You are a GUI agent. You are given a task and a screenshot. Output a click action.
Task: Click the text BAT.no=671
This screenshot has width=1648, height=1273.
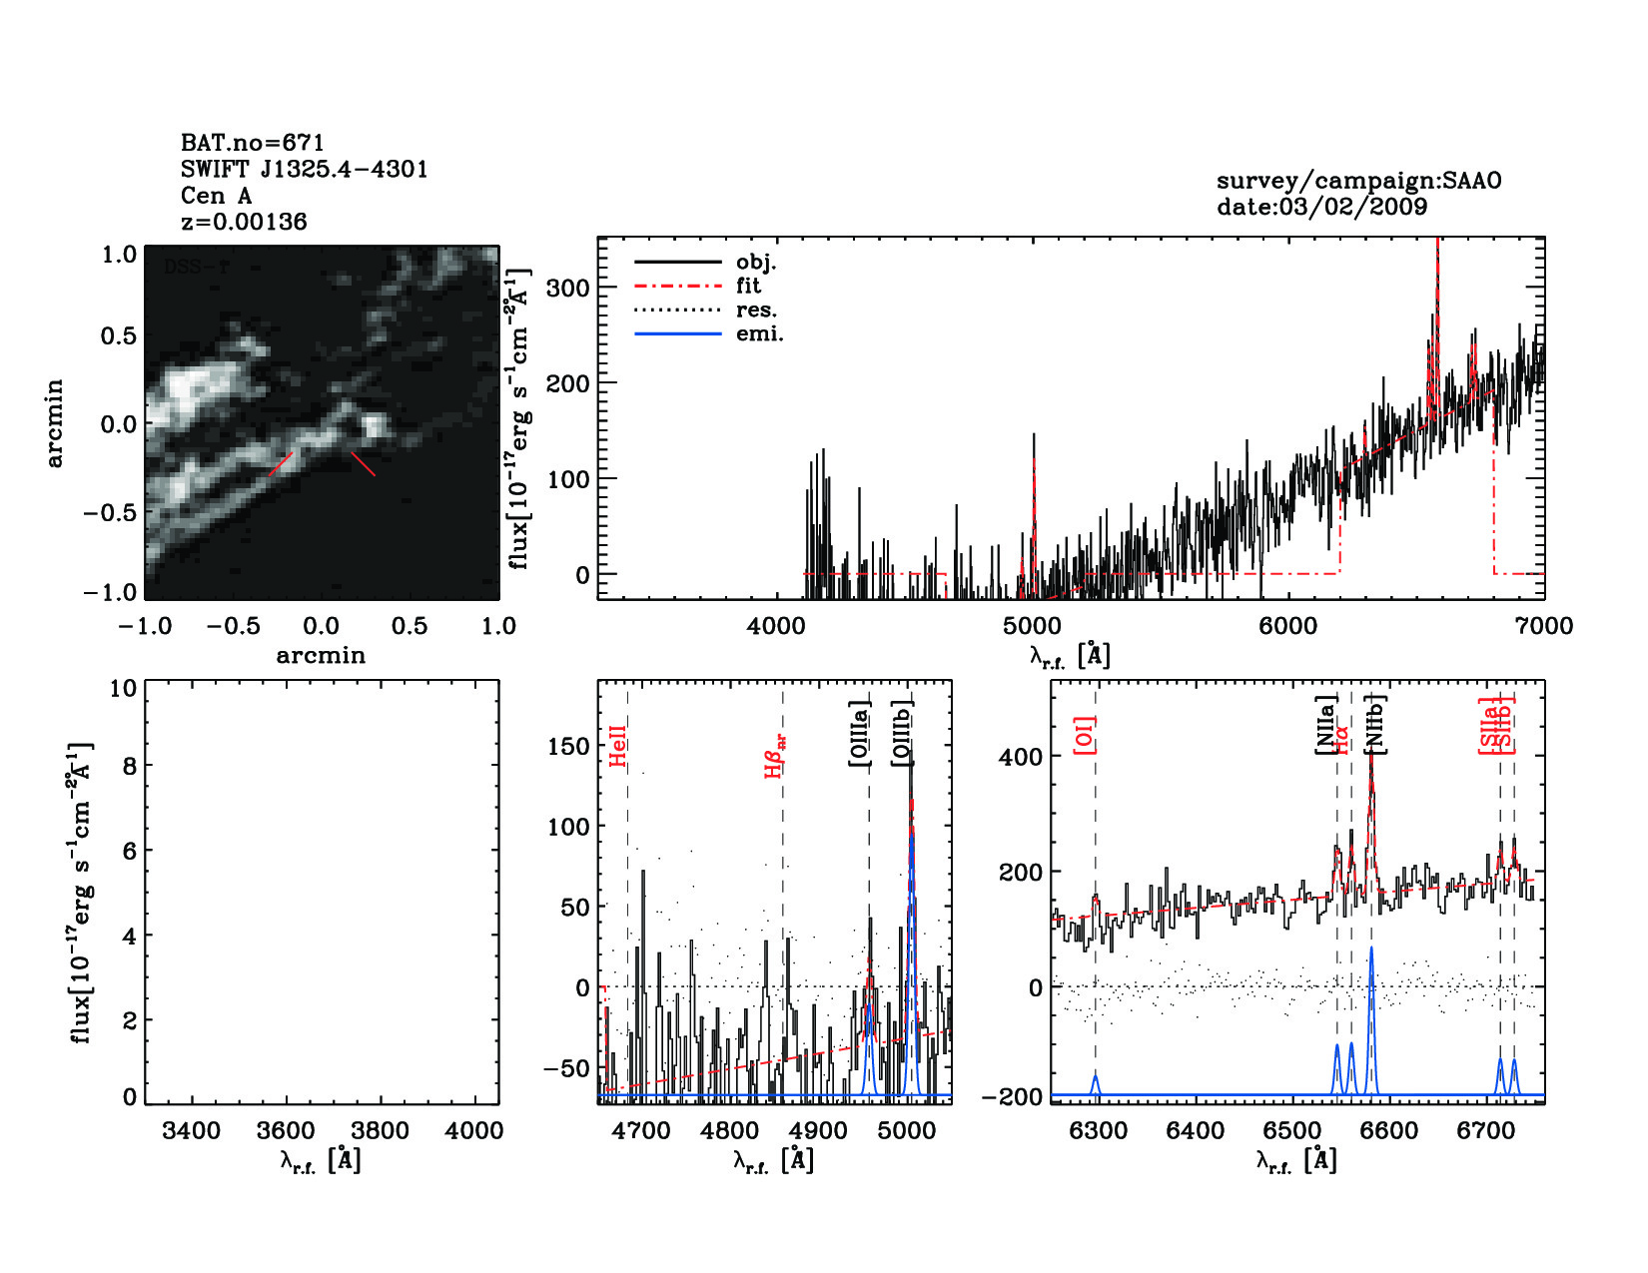click(x=252, y=143)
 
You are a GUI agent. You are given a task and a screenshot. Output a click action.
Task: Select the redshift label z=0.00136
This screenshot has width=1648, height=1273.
click(x=244, y=222)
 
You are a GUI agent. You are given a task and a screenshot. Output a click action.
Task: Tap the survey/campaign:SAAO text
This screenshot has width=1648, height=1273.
click(x=1358, y=181)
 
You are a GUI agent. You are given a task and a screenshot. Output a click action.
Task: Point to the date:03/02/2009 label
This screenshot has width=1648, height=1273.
click(x=1321, y=207)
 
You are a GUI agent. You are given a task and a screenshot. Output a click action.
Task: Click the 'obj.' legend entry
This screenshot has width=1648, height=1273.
click(x=755, y=263)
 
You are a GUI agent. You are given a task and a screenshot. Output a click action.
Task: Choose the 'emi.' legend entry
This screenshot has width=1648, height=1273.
click(x=759, y=334)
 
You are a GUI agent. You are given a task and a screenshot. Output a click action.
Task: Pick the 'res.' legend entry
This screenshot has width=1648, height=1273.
click(x=756, y=311)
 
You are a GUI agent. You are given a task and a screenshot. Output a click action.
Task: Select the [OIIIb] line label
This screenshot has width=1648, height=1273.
click(x=902, y=733)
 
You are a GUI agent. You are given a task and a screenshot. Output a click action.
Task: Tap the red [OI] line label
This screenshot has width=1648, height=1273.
click(x=1085, y=735)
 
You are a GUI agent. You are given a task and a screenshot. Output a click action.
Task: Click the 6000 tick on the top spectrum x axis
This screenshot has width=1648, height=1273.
click(x=1287, y=626)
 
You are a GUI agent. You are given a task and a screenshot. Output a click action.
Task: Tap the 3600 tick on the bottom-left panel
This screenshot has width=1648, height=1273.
click(x=286, y=1131)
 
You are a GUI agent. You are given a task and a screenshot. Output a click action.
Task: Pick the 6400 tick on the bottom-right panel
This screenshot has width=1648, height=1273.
click(x=1196, y=1131)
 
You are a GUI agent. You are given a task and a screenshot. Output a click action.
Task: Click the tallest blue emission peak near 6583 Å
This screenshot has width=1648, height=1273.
click(x=1371, y=949)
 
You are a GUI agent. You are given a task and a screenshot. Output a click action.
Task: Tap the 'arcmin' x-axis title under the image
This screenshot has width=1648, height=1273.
click(x=321, y=656)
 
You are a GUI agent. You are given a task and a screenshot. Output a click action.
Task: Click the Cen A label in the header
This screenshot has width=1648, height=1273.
click(x=216, y=196)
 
